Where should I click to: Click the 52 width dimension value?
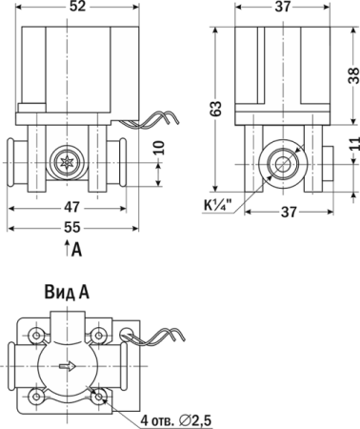(x=78, y=7)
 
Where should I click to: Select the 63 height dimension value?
(x=216, y=109)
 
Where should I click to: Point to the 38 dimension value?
(x=353, y=75)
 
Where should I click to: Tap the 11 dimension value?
(x=354, y=146)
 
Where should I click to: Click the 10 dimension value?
(x=160, y=147)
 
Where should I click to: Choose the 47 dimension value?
(x=71, y=207)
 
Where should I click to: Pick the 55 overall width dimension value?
(x=72, y=227)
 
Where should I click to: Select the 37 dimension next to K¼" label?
(x=289, y=212)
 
